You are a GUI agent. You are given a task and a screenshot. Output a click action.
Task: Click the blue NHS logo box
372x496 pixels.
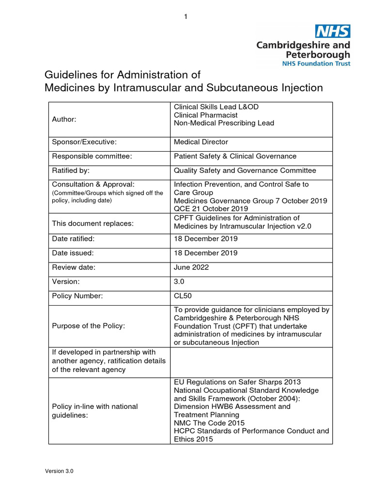click(333, 31)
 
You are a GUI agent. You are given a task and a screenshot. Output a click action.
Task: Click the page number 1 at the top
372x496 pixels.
click(186, 17)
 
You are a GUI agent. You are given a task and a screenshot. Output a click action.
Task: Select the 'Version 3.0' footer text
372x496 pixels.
click(59, 471)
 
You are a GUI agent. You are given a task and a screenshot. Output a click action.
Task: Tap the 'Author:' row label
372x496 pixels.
click(64, 119)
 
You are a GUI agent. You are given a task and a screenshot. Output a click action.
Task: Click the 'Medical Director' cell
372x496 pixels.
click(201, 142)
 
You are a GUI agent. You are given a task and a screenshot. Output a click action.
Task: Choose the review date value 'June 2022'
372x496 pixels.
click(191, 267)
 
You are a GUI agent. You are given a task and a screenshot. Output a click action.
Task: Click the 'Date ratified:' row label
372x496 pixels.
click(73, 239)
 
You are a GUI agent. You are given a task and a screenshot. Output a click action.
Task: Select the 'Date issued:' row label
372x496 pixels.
click(73, 253)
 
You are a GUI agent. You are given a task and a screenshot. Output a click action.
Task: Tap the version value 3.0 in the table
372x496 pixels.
click(179, 281)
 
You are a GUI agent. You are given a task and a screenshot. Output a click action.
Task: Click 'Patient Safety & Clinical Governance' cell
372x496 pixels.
click(235, 156)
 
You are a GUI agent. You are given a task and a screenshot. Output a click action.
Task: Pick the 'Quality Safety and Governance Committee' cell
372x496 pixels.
click(245, 170)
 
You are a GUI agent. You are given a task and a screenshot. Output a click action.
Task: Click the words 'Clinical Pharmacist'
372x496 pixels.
click(205, 115)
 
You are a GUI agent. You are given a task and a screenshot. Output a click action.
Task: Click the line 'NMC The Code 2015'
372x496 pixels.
click(209, 423)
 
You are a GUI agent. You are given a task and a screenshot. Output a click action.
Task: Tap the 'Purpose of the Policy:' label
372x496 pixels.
click(88, 325)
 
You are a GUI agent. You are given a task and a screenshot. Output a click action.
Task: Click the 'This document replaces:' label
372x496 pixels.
click(93, 223)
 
